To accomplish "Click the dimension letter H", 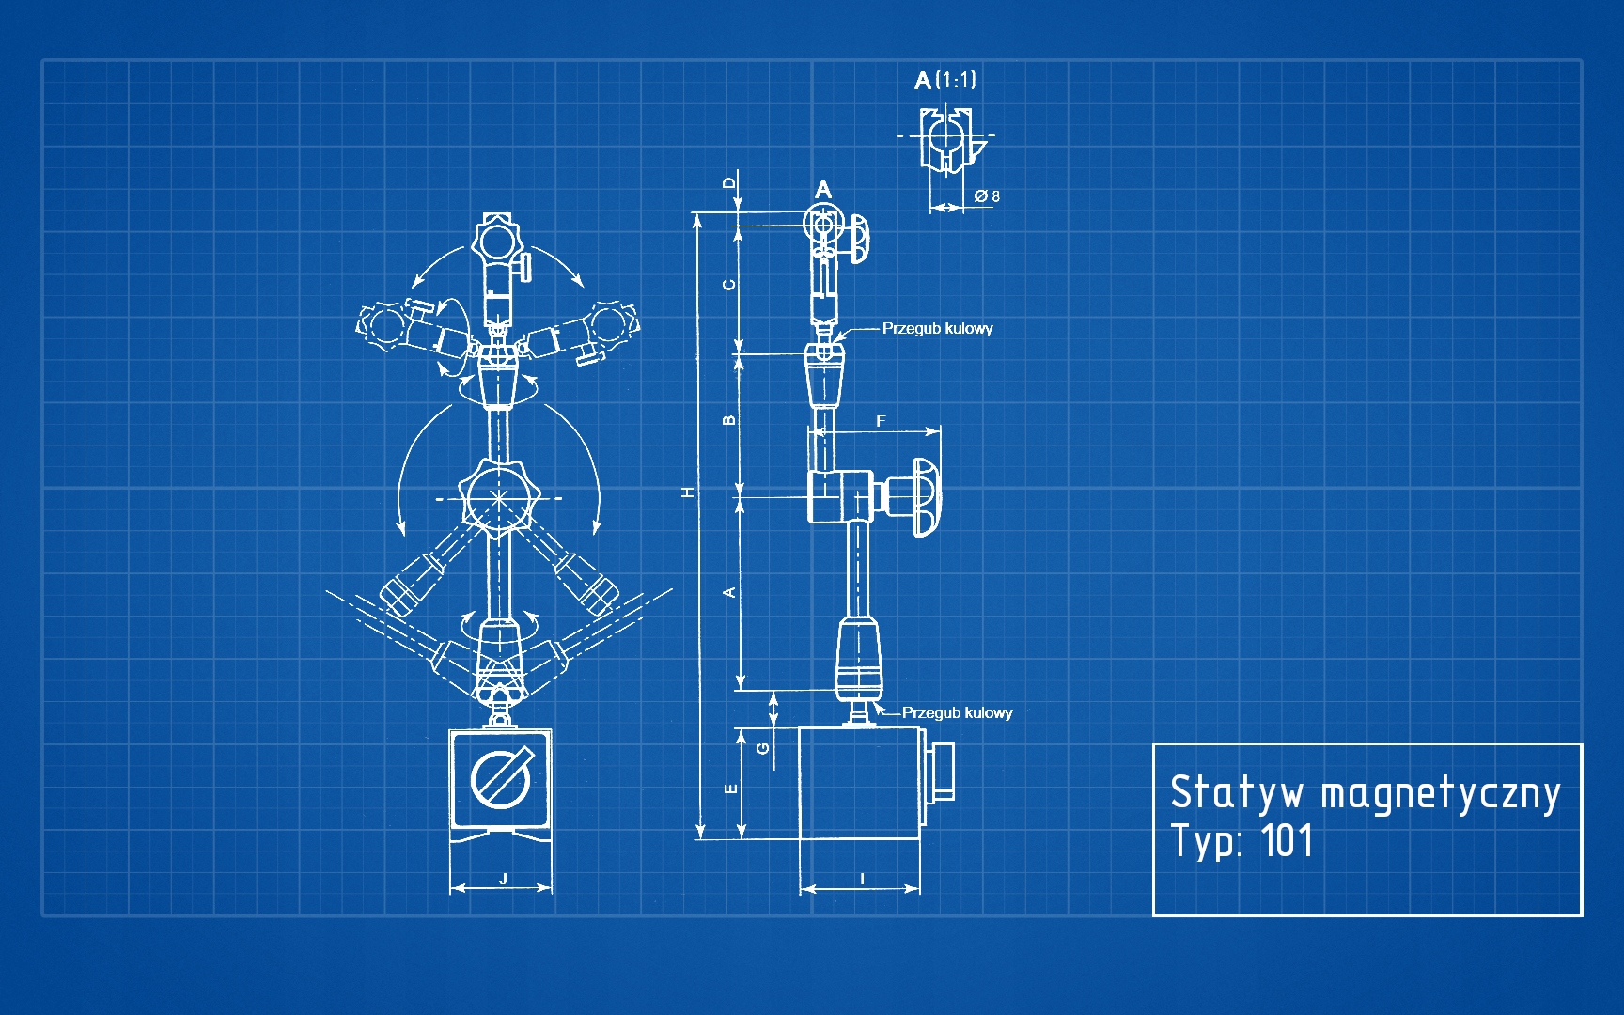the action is coord(689,492).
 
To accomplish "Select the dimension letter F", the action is coord(881,421).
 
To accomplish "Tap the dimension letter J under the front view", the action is coord(504,879).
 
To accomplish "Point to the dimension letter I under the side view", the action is coord(863,879).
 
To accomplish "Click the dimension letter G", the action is coord(763,748).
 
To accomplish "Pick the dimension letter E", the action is coord(731,789).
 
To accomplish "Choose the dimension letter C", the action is coord(730,284).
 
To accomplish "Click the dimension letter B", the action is coord(730,420).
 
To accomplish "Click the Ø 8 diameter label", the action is coord(987,196).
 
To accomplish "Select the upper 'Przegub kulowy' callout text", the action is coord(937,328).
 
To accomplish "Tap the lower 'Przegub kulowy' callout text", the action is coord(957,712).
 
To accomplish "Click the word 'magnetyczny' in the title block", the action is coord(1440,793).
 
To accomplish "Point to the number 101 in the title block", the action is coord(1287,840).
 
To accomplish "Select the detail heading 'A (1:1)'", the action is coord(945,80).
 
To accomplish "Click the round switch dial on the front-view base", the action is coord(500,779).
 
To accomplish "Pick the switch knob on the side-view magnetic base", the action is coord(943,771).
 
